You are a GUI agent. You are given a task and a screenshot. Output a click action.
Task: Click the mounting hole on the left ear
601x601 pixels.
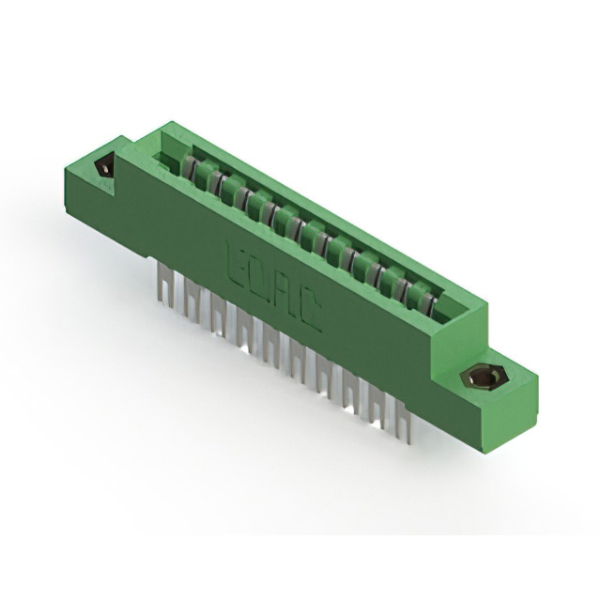pyautogui.click(x=104, y=170)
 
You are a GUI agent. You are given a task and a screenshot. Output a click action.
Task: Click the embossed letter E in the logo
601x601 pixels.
pyautogui.click(x=237, y=260)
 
